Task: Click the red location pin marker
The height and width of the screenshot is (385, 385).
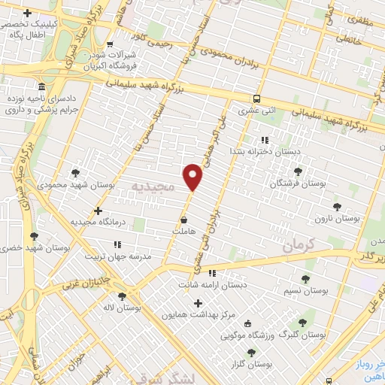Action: (193, 177)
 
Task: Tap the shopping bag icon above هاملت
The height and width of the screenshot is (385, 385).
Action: (184, 220)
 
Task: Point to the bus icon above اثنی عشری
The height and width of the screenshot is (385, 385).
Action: (257, 99)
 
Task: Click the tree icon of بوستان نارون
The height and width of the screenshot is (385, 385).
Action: (337, 205)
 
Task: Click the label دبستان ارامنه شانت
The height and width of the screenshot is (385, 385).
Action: (212, 285)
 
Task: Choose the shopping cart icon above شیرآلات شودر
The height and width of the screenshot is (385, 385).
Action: (111, 44)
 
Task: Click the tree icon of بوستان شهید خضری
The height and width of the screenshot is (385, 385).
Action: (34, 236)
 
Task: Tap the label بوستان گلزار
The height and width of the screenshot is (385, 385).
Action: (251, 364)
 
